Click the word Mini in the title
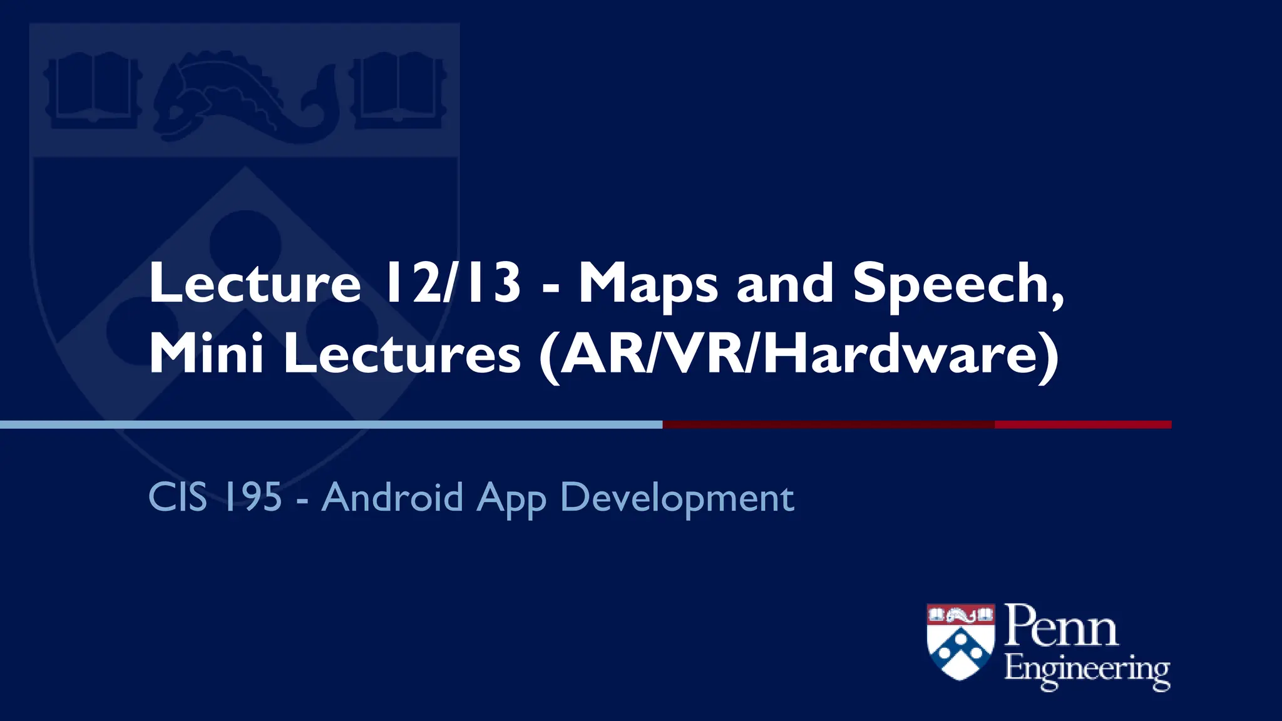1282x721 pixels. [x=206, y=354]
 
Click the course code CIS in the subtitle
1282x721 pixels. [x=178, y=498]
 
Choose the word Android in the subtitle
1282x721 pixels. [x=392, y=498]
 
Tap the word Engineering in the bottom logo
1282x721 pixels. [x=1087, y=670]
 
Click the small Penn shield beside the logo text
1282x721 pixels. [x=960, y=641]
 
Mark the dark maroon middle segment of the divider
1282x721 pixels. [x=828, y=425]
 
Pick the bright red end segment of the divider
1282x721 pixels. [x=1083, y=425]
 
